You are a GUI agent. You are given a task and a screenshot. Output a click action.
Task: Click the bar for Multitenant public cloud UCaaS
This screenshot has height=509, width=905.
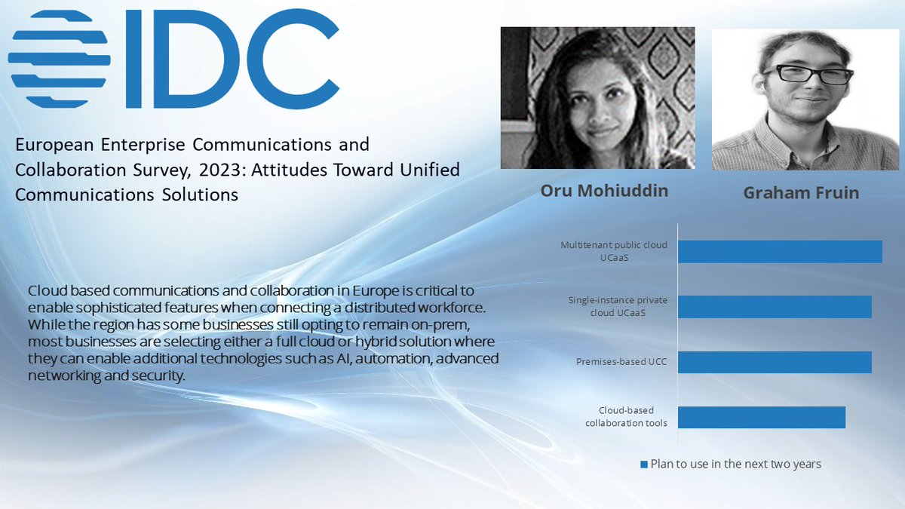coord(779,251)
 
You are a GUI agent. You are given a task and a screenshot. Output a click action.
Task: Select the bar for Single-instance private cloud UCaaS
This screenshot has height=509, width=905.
coord(774,306)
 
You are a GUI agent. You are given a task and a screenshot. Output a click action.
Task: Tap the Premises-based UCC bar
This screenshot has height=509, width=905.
coord(774,362)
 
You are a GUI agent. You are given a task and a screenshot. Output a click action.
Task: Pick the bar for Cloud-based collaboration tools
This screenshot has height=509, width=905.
coord(761,417)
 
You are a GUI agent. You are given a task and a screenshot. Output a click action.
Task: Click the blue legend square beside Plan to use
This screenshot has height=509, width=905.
coord(643,465)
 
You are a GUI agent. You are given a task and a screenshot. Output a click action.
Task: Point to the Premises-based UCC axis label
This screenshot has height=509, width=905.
coord(621,362)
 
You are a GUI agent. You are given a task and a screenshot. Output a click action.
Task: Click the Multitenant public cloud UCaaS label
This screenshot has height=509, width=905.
coord(613,251)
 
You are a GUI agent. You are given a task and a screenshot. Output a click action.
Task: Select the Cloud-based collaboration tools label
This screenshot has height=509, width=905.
coord(626,417)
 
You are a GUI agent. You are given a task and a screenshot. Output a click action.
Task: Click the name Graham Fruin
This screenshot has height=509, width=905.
coord(801,193)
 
